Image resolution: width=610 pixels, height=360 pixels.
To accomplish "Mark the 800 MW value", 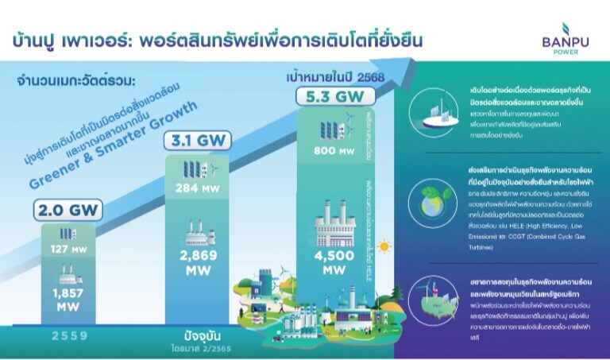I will [329, 150].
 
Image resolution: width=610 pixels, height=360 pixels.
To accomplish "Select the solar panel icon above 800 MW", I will [327, 127].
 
